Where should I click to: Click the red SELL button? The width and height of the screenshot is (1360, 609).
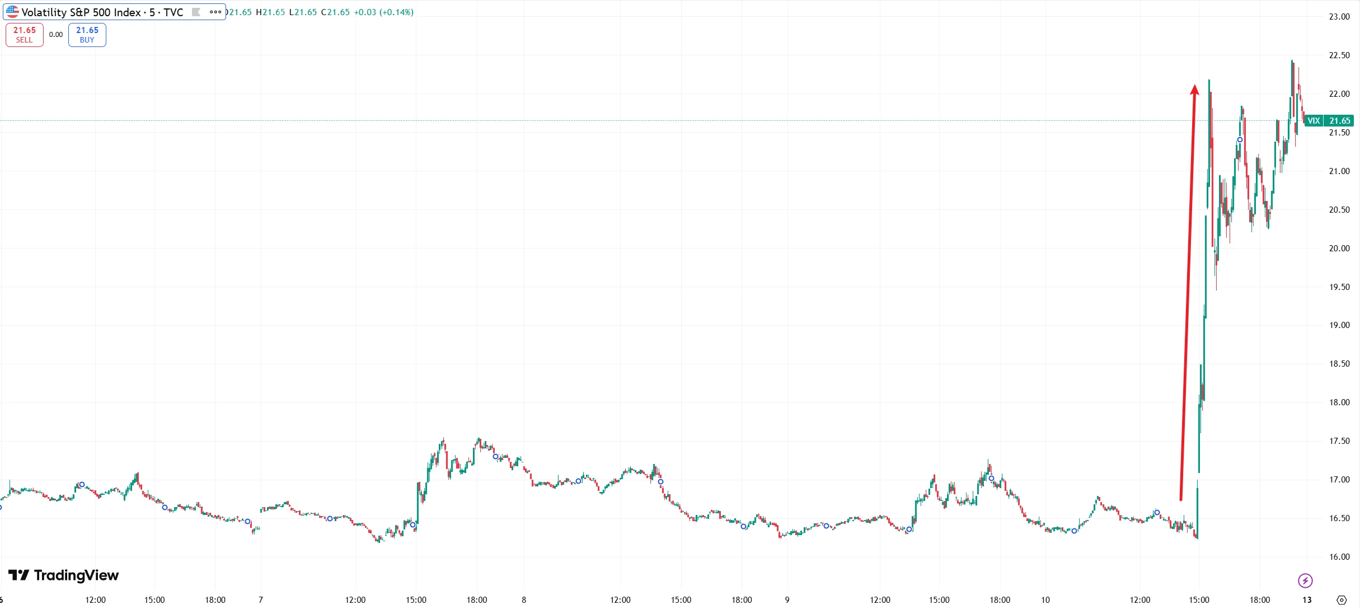click(25, 35)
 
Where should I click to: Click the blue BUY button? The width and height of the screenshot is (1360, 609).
click(87, 35)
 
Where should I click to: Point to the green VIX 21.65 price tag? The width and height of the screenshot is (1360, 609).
click(1329, 121)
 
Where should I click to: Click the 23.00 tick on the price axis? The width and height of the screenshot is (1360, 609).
click(1339, 17)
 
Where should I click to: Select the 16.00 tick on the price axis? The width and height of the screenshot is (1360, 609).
click(1339, 557)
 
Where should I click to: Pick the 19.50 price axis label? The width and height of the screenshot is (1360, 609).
click(1339, 287)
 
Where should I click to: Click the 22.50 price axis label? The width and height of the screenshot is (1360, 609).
click(1339, 55)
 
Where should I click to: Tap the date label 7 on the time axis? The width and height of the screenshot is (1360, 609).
click(261, 600)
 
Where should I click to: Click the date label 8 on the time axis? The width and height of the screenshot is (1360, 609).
click(524, 600)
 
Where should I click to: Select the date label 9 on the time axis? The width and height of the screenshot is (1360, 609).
click(787, 600)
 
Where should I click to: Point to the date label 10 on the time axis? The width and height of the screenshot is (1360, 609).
click(1045, 600)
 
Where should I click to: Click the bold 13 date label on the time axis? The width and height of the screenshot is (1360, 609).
click(1307, 600)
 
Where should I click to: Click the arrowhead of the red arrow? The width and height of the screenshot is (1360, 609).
click(1194, 90)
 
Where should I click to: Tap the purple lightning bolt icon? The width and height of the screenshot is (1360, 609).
click(1305, 580)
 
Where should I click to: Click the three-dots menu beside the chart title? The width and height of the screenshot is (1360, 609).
click(215, 12)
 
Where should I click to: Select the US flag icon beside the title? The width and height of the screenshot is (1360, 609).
click(12, 12)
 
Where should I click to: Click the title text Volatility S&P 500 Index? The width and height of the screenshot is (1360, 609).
click(81, 12)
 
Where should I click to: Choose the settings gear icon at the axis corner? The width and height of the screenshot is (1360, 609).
click(1341, 600)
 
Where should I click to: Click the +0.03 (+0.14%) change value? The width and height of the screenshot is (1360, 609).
click(384, 12)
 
